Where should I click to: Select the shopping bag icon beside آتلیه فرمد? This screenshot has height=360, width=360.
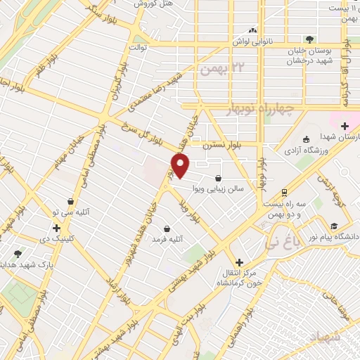[x=167, y=229]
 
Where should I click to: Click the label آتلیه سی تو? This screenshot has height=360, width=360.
[x=70, y=212]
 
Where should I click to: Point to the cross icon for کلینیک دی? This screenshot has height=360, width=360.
[x=56, y=228]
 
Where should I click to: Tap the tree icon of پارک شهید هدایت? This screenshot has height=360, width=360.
[x=18, y=254]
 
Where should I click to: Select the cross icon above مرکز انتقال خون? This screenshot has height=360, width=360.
[x=239, y=262]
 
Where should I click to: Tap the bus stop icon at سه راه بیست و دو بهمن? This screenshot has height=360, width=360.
[x=283, y=192]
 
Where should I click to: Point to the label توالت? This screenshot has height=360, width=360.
[x=136, y=48]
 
